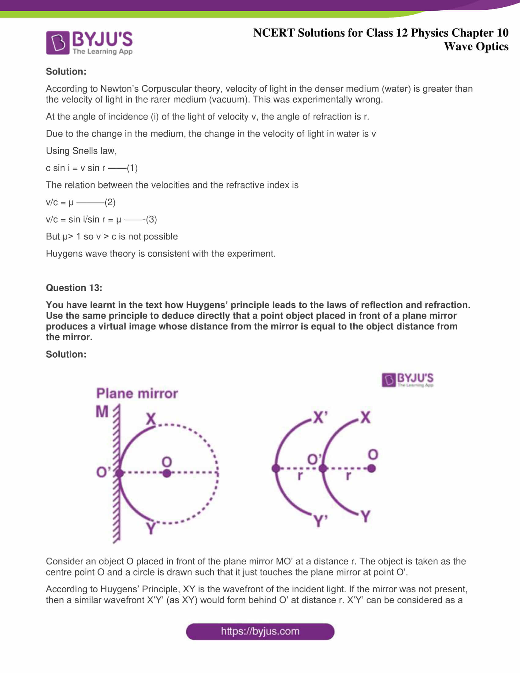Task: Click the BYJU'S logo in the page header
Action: pyautogui.click(x=89, y=43)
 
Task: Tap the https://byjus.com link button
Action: pyautogui.click(x=260, y=631)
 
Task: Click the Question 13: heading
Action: pyautogui.click(x=74, y=288)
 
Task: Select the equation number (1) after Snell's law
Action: pyautogui.click(x=132, y=168)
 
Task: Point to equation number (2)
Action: pyautogui.click(x=110, y=202)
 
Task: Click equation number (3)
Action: pyautogui.click(x=151, y=219)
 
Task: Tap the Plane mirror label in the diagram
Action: pyautogui.click(x=137, y=393)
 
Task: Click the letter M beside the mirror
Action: pyautogui.click(x=102, y=412)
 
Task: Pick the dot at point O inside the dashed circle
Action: pyautogui.click(x=167, y=473)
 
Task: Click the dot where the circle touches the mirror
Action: pyautogui.click(x=120, y=473)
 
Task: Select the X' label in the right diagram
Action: pyautogui.click(x=320, y=418)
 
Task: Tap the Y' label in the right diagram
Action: pyautogui.click(x=320, y=520)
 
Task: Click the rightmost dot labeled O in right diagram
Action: pyautogui.click(x=372, y=469)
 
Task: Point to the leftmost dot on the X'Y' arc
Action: pyautogui.click(x=276, y=469)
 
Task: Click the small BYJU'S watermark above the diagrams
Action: pyautogui.click(x=407, y=380)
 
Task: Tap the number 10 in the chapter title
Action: pyautogui.click(x=502, y=33)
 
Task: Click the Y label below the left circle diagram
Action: pyautogui.click(x=150, y=528)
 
